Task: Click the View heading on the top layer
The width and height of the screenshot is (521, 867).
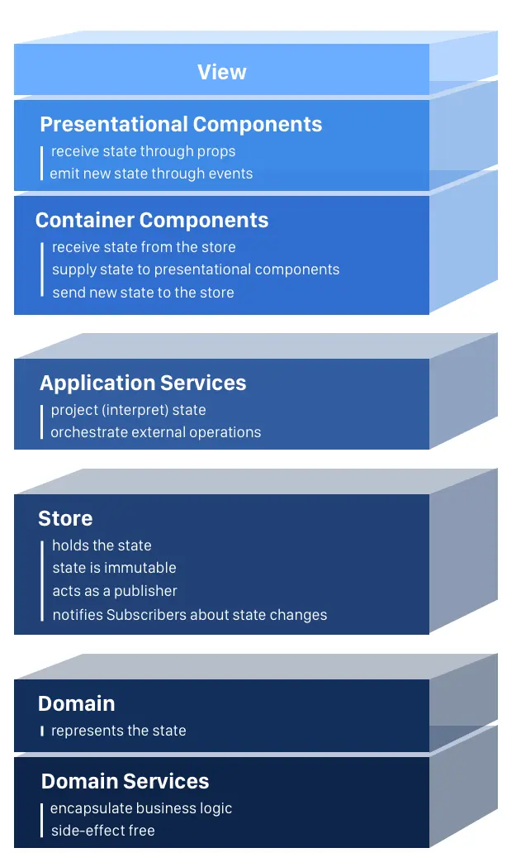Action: [x=221, y=72]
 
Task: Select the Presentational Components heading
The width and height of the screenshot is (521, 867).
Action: [x=181, y=124]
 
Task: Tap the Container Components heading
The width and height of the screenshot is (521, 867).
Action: [x=152, y=220]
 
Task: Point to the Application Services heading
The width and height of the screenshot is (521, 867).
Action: [x=143, y=383]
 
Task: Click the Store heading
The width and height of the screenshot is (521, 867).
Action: [x=65, y=518]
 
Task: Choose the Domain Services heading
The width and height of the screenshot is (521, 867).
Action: [x=125, y=781]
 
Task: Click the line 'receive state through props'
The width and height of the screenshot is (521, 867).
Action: [x=143, y=151]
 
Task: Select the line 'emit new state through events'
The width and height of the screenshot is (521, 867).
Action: [x=151, y=174]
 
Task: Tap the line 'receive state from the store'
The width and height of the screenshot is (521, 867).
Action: [x=144, y=247]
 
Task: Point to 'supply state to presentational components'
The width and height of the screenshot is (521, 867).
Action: [x=196, y=269]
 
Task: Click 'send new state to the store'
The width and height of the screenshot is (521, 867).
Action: [x=143, y=293]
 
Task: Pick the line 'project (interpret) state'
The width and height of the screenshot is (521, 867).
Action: [x=128, y=410]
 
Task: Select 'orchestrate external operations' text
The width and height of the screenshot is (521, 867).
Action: [x=156, y=432]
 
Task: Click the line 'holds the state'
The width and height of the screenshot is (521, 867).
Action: [x=102, y=545]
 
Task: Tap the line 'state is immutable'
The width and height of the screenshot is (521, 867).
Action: [x=114, y=568]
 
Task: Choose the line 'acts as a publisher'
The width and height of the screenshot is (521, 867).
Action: [x=115, y=591]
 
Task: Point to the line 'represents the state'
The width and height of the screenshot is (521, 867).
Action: [x=118, y=731]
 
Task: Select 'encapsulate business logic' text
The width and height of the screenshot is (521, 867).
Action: [x=141, y=808]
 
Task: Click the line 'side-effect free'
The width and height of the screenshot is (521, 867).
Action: [x=102, y=831]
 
